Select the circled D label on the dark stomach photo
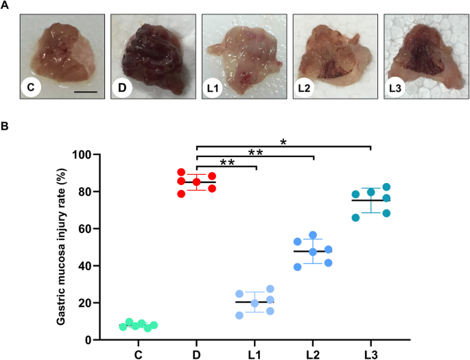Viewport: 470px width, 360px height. point(121,88)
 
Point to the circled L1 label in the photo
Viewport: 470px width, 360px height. point(213,88)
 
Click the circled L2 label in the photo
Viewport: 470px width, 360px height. point(304,88)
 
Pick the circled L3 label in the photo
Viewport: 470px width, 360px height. point(395,88)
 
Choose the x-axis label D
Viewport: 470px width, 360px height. point(197,354)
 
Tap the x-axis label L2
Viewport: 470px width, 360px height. point(313,354)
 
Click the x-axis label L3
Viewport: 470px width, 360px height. point(371,354)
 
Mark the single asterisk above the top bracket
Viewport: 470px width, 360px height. point(283,142)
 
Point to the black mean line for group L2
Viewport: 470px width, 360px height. point(313,252)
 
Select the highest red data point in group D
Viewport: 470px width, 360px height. point(181,173)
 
